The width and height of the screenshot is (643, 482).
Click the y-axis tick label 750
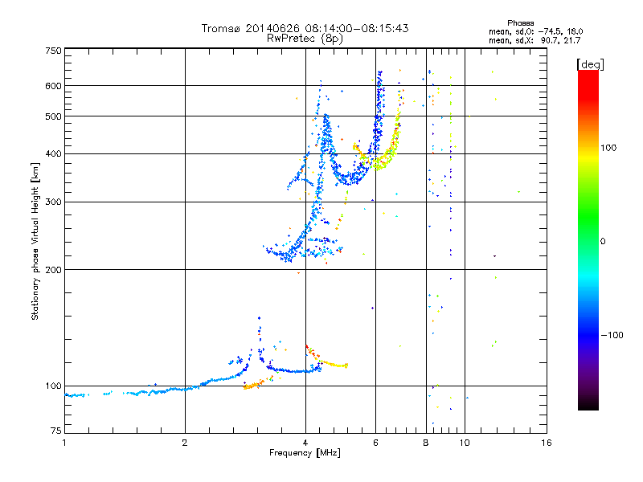tap(53, 51)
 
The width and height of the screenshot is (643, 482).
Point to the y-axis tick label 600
tap(53, 86)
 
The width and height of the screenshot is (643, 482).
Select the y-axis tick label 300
tap(53, 202)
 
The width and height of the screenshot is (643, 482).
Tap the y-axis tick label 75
tap(55, 433)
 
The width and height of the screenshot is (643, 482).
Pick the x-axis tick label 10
tap(465, 443)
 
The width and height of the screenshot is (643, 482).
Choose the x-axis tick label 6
tap(375, 443)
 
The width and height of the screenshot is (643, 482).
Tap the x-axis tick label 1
tap(64, 443)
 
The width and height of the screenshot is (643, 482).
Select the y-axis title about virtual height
tap(35, 241)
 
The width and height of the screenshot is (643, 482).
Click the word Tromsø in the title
tap(221, 28)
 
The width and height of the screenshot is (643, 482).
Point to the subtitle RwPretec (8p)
tap(305, 38)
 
